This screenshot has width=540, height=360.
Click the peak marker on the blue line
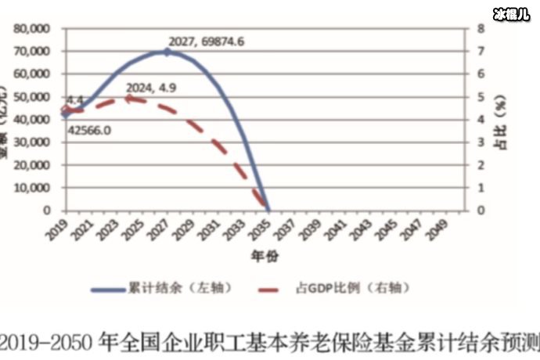click(x=167, y=52)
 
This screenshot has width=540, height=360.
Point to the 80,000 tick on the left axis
click(x=33, y=28)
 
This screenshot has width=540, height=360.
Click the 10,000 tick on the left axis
click(x=33, y=188)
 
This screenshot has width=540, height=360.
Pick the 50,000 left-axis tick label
click(x=33, y=96)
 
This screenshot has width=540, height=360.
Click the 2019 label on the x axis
click(x=56, y=229)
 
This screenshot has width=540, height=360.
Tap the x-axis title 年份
click(x=264, y=256)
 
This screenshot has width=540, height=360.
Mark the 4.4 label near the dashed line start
click(x=75, y=99)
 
